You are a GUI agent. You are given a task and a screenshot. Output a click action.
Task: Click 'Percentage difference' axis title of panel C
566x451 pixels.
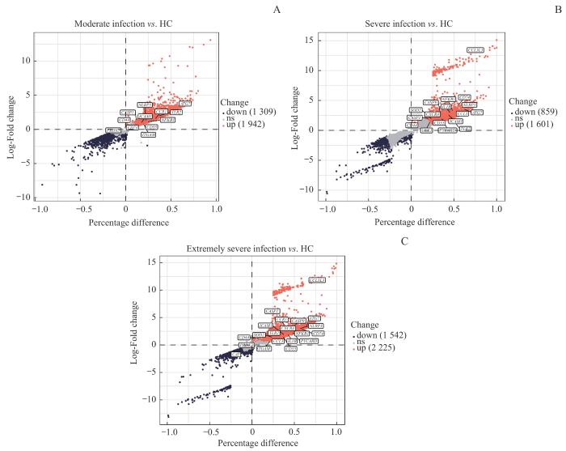252,444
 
